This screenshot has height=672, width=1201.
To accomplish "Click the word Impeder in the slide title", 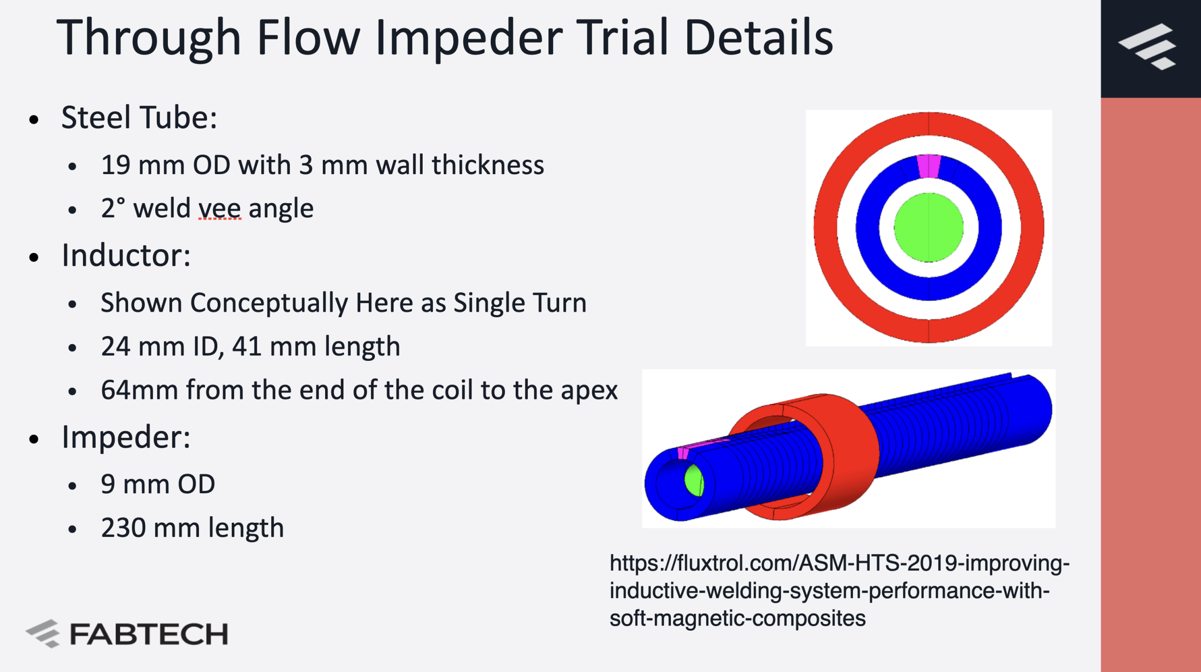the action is pyautogui.click(x=469, y=38).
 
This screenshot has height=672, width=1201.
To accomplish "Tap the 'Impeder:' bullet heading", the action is pyautogui.click(x=126, y=437).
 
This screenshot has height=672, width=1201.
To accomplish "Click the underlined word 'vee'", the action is pyautogui.click(x=220, y=209).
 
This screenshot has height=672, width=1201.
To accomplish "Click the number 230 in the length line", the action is pyautogui.click(x=123, y=528).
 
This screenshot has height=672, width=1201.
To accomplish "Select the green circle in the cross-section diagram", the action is pyautogui.click(x=928, y=228).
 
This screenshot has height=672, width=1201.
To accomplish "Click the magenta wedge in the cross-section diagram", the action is pyautogui.click(x=928, y=166).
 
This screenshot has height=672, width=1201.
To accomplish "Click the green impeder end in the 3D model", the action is pyautogui.click(x=694, y=480).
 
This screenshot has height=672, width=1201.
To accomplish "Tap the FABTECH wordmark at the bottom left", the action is pyautogui.click(x=149, y=634).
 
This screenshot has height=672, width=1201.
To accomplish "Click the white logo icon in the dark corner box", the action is pyautogui.click(x=1148, y=46).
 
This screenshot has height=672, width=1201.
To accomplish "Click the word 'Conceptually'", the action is pyautogui.click(x=269, y=303).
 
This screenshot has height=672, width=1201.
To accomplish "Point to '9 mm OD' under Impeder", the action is pyautogui.click(x=158, y=484).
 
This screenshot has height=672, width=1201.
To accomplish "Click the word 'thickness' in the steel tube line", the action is pyautogui.click(x=488, y=165).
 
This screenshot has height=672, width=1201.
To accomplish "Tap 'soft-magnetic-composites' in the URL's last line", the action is pyautogui.click(x=737, y=618).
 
